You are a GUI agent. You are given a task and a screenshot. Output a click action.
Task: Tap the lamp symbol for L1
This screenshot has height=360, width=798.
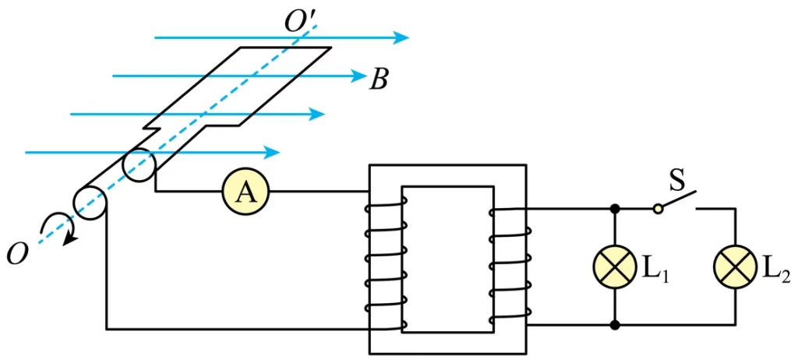[616, 266]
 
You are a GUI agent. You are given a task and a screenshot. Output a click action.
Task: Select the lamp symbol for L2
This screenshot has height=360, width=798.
[736, 266]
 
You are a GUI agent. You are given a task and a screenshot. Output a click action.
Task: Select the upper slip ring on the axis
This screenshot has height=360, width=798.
[138, 165]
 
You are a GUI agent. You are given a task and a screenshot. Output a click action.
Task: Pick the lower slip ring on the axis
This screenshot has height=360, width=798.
[90, 203]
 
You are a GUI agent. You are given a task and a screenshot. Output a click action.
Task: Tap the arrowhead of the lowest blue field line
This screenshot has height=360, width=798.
[271, 152]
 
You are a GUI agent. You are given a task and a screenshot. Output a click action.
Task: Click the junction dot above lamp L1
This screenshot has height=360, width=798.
[616, 208]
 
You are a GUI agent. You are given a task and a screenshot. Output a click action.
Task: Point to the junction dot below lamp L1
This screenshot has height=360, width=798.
[616, 324]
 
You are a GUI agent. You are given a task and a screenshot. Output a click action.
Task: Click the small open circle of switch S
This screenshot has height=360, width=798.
[658, 208]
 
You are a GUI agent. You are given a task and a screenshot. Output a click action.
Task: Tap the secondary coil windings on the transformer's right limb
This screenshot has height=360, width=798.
[510, 265]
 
